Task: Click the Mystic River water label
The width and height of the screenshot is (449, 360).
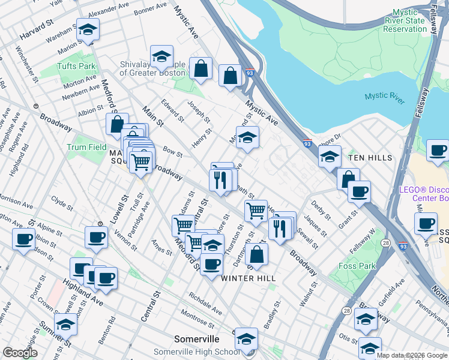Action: point(385,96)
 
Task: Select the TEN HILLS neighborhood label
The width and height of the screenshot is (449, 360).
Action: point(370,158)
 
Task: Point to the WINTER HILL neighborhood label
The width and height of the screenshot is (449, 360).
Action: point(248,278)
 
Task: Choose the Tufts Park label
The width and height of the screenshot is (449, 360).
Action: point(76,66)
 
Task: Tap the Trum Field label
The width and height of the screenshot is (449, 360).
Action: point(86,147)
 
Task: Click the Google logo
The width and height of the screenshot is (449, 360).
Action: point(20,353)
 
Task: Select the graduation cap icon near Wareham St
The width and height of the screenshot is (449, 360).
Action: point(88,30)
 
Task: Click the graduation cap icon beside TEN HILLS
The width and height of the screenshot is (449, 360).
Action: point(330,157)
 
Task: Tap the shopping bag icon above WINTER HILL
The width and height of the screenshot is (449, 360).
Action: point(256,254)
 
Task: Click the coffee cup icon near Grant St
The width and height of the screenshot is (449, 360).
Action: point(359,191)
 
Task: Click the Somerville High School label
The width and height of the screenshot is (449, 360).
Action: point(188,352)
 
